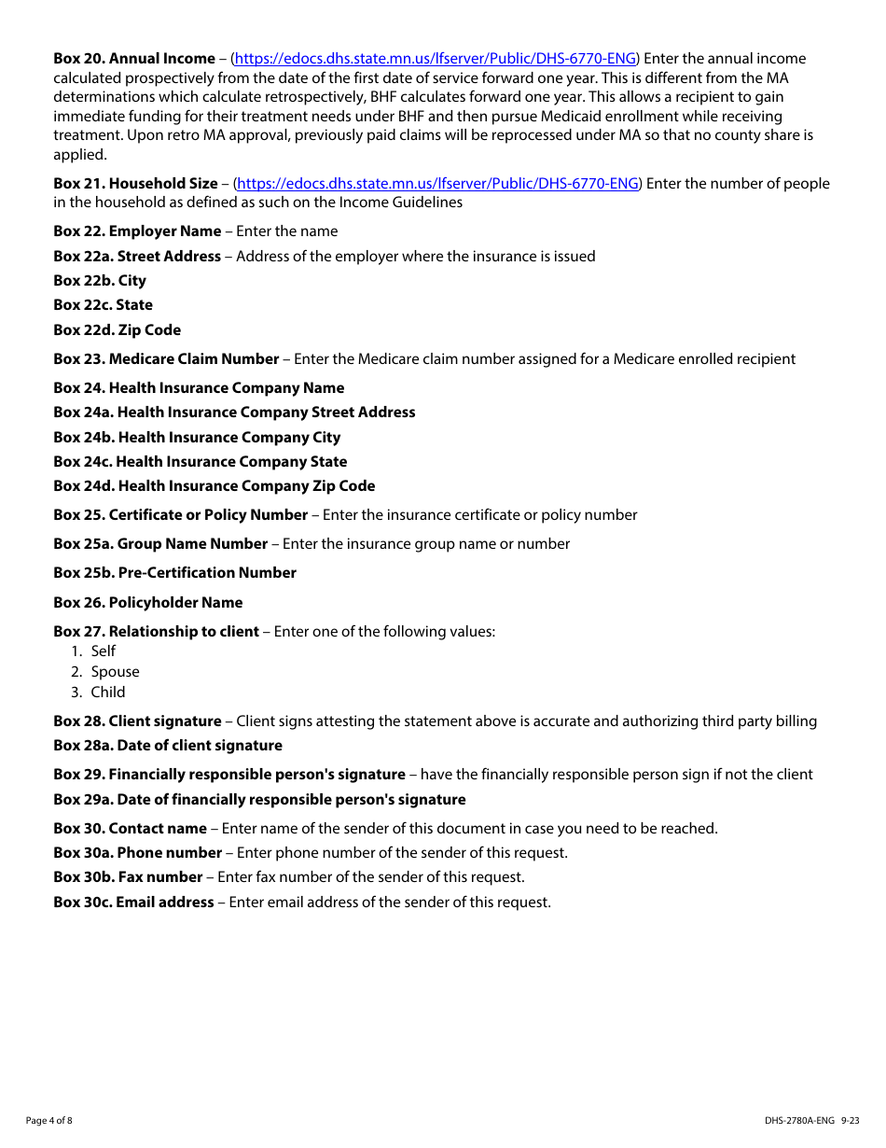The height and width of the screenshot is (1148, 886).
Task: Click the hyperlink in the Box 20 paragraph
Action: point(436,59)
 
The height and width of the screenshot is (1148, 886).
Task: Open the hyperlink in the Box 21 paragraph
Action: point(438,184)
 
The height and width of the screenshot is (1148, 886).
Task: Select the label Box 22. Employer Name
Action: point(137,231)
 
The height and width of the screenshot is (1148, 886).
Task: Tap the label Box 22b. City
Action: point(100,281)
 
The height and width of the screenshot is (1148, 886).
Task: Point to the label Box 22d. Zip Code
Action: point(118,330)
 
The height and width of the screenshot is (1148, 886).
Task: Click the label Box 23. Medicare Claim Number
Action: point(166,359)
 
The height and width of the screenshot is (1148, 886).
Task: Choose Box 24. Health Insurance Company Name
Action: point(199,388)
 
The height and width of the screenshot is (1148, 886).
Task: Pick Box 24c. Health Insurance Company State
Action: point(201,462)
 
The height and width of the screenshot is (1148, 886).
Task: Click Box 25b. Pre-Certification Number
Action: point(175,573)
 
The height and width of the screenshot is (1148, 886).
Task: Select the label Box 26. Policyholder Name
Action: point(148,603)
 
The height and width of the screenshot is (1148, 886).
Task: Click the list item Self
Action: point(104,651)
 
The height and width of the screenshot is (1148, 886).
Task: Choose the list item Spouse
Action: point(115,672)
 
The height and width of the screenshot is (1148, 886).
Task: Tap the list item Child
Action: point(108,693)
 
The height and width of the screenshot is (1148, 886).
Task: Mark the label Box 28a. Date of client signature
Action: point(168,746)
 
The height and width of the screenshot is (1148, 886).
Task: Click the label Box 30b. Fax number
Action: point(128,877)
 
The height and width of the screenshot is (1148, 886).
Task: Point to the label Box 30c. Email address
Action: point(133,903)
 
